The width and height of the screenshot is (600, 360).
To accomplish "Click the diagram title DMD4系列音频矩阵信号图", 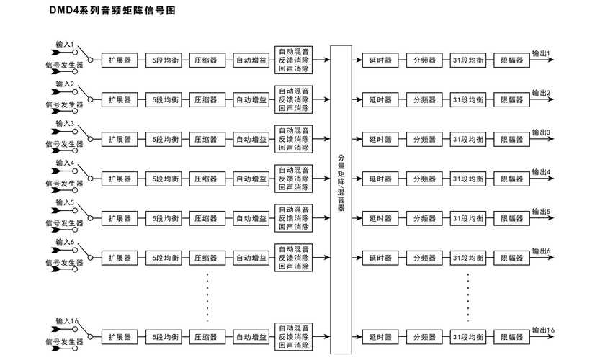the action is (x=112, y=10).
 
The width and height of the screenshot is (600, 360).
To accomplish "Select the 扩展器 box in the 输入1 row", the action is (x=120, y=60).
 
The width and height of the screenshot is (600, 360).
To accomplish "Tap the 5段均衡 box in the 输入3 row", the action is (x=164, y=139).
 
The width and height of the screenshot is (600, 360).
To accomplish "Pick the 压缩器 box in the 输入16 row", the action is (x=207, y=337).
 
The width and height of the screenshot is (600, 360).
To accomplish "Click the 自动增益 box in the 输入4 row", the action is (x=251, y=179).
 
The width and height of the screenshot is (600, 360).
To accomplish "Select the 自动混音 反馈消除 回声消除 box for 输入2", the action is (x=293, y=99).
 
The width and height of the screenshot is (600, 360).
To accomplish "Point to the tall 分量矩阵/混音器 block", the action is (x=341, y=199).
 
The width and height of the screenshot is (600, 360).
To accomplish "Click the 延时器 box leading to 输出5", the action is (x=380, y=218).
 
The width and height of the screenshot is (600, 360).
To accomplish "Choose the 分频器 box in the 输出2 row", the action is (x=424, y=100).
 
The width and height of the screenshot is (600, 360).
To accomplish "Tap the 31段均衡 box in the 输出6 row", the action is (x=468, y=258).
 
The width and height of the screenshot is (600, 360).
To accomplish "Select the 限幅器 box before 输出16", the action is (x=511, y=337).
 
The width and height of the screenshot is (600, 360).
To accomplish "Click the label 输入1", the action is (x=65, y=45).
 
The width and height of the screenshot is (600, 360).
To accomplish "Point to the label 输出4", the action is (x=541, y=172).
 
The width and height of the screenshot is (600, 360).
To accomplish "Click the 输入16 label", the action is (x=67, y=321).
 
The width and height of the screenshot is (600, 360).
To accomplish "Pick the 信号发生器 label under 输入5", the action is (x=64, y=223).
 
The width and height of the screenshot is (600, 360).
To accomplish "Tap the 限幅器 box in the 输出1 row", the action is (x=511, y=60).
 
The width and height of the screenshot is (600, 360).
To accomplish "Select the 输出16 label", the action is (x=543, y=330).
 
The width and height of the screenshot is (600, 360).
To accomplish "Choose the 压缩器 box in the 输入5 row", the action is (x=207, y=218).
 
